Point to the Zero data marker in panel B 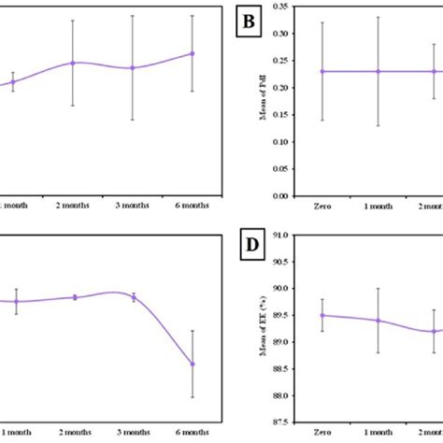[x=322, y=71]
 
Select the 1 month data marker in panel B [x=379, y=71]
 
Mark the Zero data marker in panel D [x=322, y=315]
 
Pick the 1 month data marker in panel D [x=379, y=321]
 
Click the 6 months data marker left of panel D [x=193, y=364]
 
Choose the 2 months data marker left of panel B [x=73, y=63]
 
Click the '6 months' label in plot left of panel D [x=193, y=433]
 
